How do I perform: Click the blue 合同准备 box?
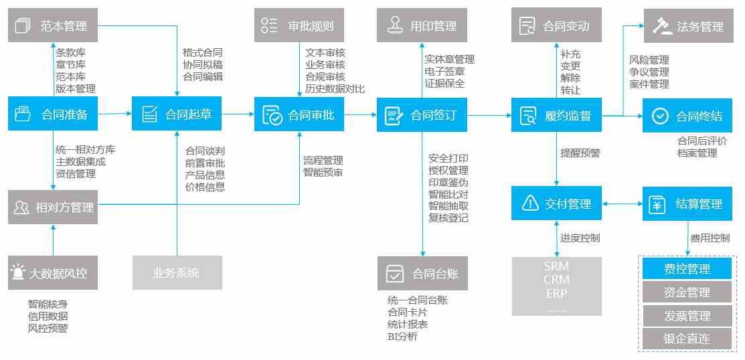(53, 114)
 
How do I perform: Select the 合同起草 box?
(177, 114)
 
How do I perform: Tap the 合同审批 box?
(299, 114)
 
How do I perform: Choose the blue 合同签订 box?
(422, 115)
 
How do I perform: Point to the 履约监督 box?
(556, 115)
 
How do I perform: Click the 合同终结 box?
(687, 115)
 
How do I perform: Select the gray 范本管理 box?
(53, 25)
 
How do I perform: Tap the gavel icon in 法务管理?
(662, 25)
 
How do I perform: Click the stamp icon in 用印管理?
(395, 25)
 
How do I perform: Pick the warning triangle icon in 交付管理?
(529, 203)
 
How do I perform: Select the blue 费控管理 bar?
(687, 269)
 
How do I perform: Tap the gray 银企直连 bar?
(687, 338)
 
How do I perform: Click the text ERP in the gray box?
(557, 294)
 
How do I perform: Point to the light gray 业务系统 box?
(177, 272)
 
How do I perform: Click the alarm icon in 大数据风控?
(18, 272)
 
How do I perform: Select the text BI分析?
(402, 337)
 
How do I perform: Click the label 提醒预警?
(580, 153)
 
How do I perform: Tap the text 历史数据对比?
(335, 88)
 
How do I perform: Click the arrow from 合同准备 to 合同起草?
(115, 114)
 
